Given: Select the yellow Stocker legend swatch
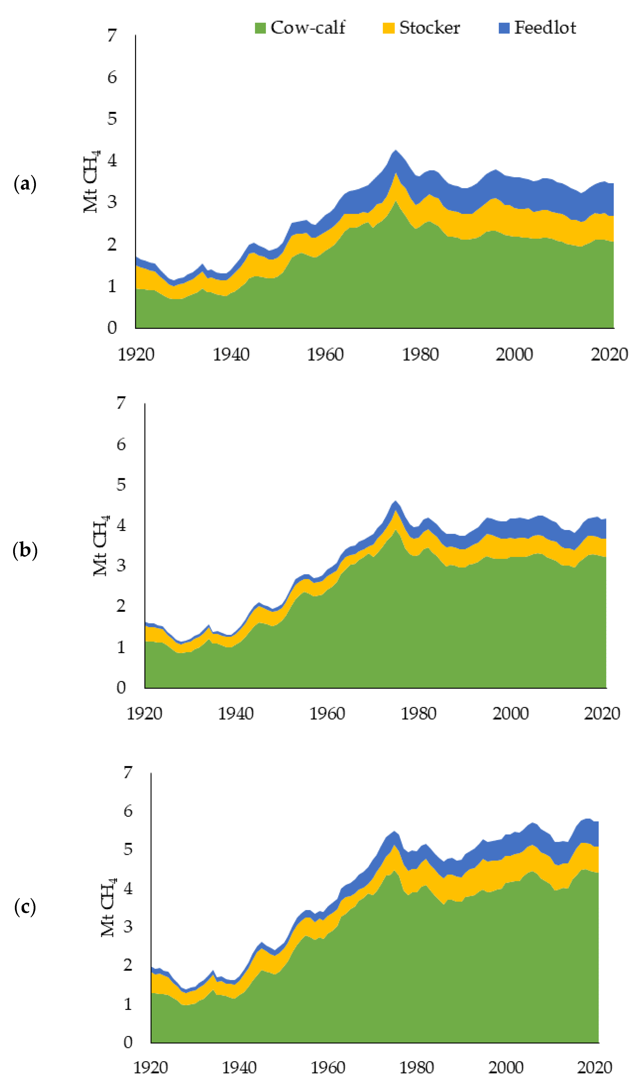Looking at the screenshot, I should [389, 28].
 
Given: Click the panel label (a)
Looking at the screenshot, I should [25, 184].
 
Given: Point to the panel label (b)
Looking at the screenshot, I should [25, 550].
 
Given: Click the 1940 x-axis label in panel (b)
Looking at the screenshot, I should [236, 714].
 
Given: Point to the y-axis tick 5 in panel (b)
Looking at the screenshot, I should [121, 485].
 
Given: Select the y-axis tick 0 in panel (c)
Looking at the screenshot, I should [128, 1042].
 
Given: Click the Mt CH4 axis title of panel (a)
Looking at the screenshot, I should [91, 181].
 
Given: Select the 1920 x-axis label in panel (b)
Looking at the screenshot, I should [144, 714].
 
